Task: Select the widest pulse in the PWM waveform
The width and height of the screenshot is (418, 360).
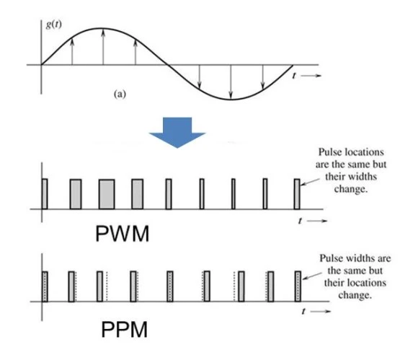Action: tap(106, 193)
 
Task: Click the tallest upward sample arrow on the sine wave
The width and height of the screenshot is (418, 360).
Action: tap(104, 48)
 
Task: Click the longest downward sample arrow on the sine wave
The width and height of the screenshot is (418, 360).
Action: tap(231, 81)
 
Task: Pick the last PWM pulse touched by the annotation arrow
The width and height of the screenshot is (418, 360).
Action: tap(296, 193)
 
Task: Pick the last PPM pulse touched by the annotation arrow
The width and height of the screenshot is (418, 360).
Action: tap(297, 286)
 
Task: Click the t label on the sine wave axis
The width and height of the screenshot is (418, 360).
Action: tap(295, 74)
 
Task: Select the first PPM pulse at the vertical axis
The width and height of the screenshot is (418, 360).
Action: tap(45, 286)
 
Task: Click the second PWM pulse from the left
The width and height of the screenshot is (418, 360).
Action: tap(75, 193)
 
